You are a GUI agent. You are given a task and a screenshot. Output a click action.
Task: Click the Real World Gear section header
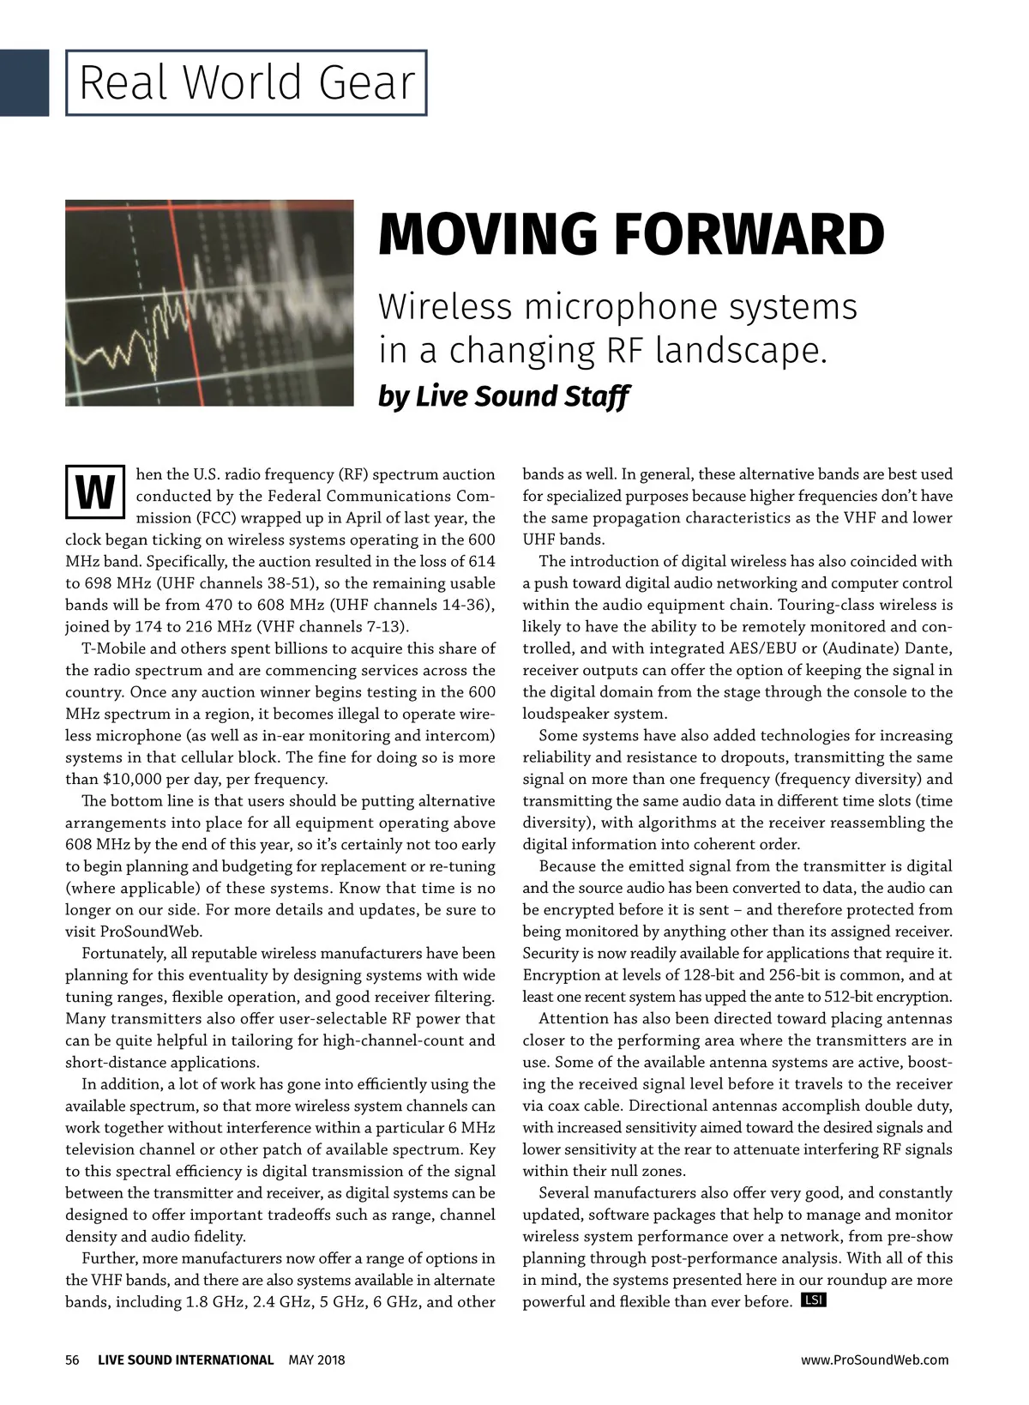246,83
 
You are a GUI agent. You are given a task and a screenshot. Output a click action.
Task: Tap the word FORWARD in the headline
747,234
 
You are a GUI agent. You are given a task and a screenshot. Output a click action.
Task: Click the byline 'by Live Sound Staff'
503,396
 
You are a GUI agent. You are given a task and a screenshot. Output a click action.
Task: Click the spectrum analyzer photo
209,303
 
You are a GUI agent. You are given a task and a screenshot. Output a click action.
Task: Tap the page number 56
72,1360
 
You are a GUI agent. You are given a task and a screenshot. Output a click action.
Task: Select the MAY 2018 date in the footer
316,1360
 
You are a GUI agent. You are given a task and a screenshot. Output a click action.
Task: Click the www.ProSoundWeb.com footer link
875,1360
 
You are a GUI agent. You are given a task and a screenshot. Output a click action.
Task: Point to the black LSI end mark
813,1300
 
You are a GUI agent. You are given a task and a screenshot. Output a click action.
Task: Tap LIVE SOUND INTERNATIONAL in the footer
185,1360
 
